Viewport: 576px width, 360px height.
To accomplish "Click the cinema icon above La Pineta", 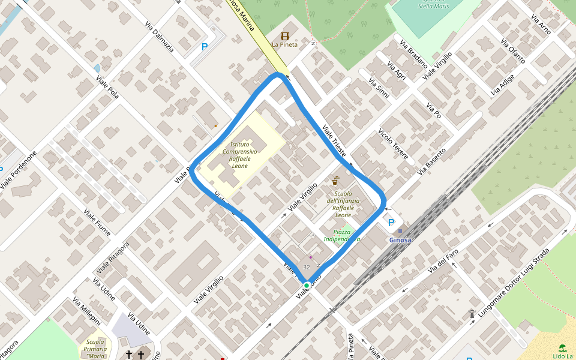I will point(284,36).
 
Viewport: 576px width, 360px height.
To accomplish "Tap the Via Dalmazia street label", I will point(160,37).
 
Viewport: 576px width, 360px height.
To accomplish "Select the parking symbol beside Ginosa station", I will point(391,223).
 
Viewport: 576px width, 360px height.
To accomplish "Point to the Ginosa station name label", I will point(400,240).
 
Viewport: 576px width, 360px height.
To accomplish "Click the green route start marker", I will point(307,285).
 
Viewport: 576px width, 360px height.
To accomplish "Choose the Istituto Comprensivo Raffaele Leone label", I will point(239,155).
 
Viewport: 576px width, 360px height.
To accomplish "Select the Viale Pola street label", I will point(105,85).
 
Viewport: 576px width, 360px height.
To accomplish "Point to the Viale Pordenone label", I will point(19,170).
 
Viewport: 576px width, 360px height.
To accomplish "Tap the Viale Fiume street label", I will point(97,222).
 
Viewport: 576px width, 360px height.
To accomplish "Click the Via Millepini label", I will point(86,311).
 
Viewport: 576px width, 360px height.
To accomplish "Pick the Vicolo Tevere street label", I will point(394,145).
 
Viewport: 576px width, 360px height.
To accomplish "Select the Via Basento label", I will point(432,161).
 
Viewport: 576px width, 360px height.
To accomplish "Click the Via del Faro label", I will point(443,262).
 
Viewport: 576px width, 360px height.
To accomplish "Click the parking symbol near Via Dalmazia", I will point(205,47).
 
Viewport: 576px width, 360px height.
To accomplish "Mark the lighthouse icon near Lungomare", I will point(472,314).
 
